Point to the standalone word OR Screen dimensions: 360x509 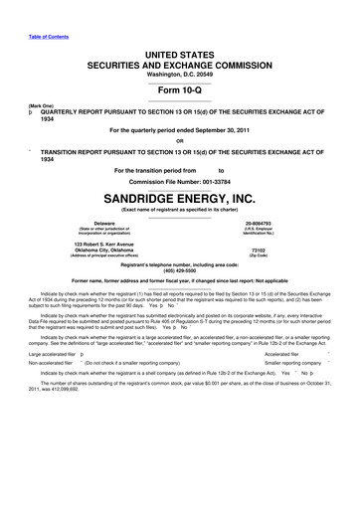click(x=179, y=139)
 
